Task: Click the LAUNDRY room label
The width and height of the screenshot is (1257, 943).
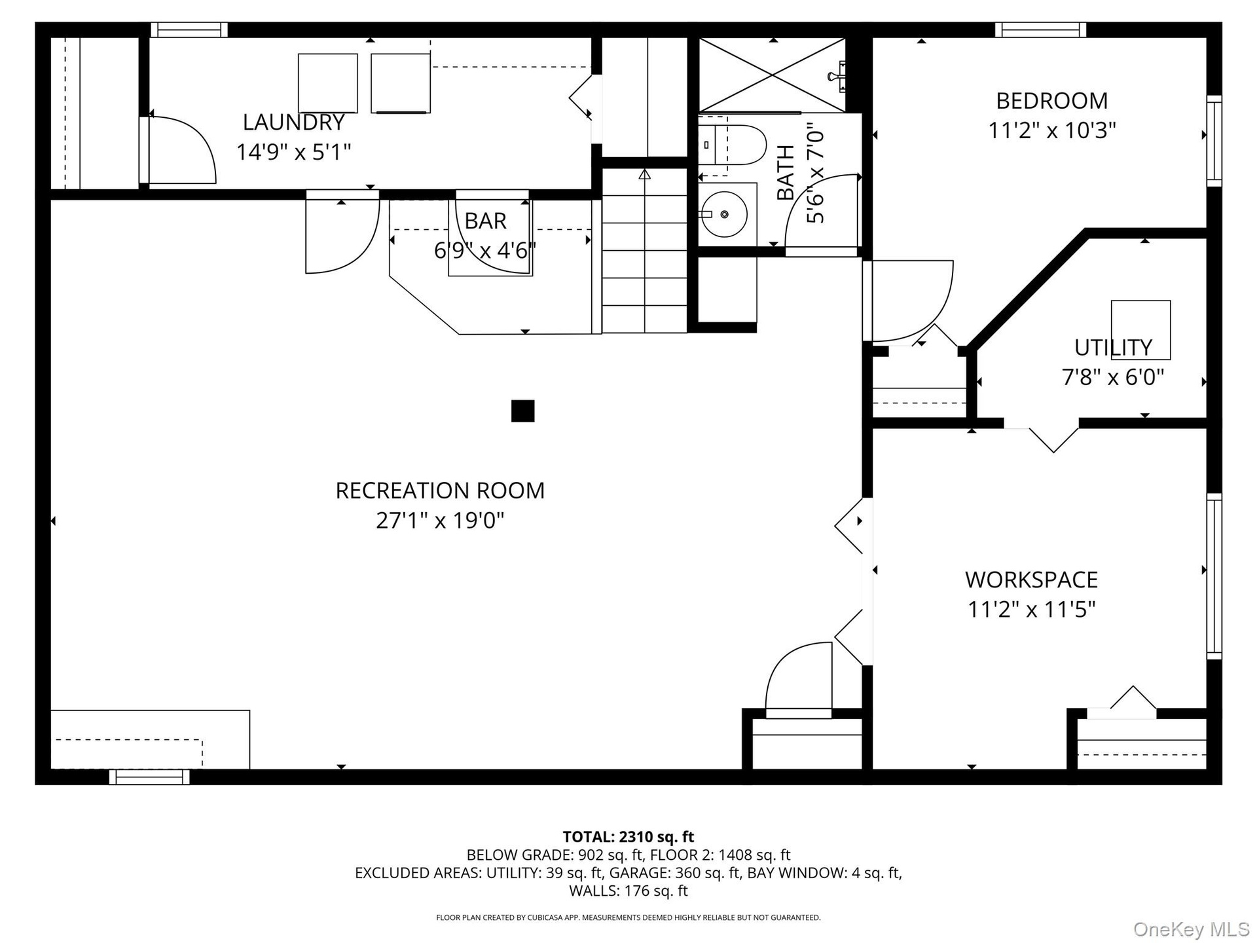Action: click(293, 122)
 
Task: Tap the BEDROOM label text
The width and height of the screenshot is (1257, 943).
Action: click(1051, 101)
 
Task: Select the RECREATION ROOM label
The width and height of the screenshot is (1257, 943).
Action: click(440, 490)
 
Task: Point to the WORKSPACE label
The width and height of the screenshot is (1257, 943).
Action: click(1031, 580)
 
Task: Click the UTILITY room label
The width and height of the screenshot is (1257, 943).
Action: click(1113, 347)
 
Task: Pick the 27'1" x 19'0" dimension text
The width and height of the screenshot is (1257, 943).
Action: click(440, 521)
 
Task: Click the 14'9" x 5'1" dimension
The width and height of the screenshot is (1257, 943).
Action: click(293, 152)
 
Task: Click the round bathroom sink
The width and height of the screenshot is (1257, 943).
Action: click(724, 214)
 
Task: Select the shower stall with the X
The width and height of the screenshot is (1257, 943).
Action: click(773, 75)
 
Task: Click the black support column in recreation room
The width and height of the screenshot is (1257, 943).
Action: click(522, 411)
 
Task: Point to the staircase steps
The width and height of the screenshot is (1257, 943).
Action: click(644, 250)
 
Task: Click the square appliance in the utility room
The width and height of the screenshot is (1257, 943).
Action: click(1140, 330)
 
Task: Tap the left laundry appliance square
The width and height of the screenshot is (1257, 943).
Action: click(327, 83)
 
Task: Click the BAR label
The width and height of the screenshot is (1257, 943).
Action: click(485, 221)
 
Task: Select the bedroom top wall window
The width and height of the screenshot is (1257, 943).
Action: click(1040, 30)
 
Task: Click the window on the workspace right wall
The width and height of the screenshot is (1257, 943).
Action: click(1214, 576)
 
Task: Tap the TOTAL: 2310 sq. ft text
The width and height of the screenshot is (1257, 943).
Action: click(628, 837)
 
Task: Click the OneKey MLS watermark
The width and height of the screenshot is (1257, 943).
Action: click(1192, 929)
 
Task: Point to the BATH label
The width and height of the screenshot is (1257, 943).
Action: click(785, 173)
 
